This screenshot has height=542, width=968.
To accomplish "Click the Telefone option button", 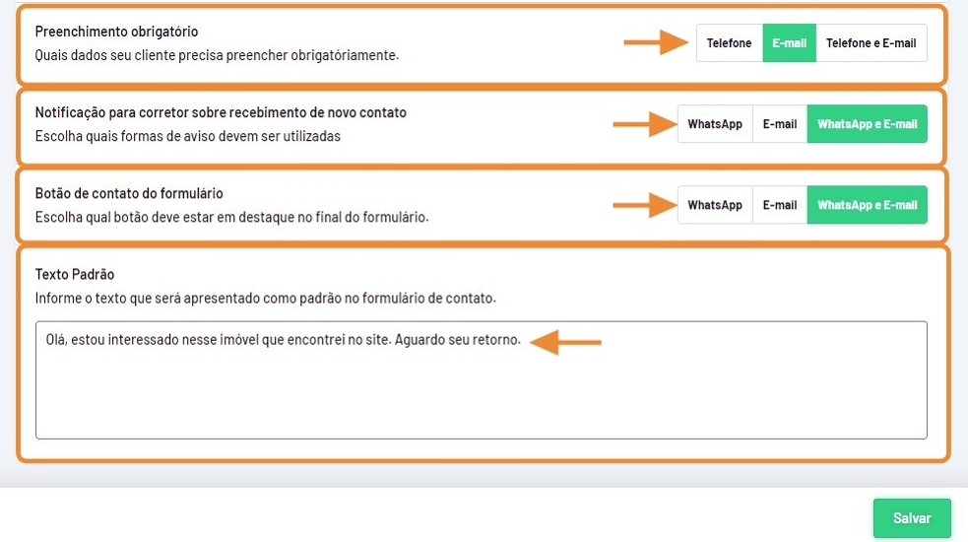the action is pos(729,43).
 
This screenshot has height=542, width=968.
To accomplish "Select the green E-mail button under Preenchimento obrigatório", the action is pos(790,43).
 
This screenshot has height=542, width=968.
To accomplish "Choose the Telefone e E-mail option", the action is pos(871,43).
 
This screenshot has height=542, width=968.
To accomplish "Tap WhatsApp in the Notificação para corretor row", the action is pos(715,124).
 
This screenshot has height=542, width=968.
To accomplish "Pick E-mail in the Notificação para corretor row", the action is pos(780,124).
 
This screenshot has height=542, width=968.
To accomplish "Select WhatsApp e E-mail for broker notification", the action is pos(868,124).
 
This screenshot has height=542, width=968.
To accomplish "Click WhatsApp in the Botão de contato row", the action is pos(715,205).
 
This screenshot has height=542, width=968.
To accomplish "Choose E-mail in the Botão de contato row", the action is pos(780,205).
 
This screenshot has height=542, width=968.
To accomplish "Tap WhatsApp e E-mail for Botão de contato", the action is pos(868,205).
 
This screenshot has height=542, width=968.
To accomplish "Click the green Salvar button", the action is pos(912,518).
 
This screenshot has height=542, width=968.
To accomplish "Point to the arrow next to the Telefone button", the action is pos(656,42).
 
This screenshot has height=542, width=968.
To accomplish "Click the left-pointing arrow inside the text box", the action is pos(565,342).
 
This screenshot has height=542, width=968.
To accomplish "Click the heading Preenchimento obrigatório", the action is pos(116,32).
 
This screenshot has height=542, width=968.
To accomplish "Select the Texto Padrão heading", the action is pos(75,274).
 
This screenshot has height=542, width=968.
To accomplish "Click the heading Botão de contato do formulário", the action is pos(129,193).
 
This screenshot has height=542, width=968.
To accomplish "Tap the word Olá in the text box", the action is pos(56,339).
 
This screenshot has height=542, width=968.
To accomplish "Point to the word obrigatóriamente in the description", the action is pos(345,55).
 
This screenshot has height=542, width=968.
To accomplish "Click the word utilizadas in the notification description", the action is pos(312,136).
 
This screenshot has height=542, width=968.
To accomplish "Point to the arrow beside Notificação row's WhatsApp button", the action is pos(644,124).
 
